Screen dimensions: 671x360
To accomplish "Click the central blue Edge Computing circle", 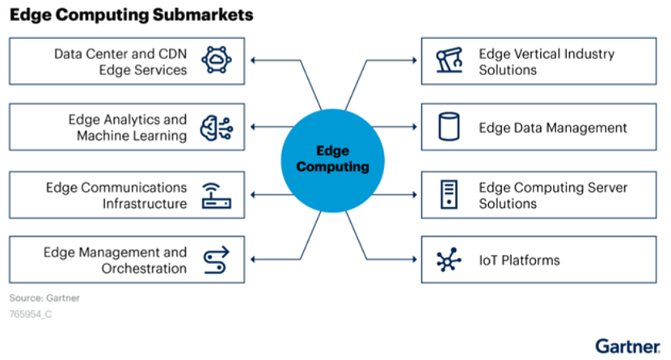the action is click(332, 160).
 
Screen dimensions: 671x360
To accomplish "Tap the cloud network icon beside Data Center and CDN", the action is click(217, 60).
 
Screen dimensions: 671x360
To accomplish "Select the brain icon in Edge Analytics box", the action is click(217, 128).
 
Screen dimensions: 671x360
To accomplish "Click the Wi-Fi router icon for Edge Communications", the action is click(217, 196).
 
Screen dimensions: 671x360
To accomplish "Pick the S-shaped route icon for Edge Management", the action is click(217, 260).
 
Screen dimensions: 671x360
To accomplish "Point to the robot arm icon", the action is click(449, 60).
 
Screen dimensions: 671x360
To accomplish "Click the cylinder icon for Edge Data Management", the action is click(449, 127).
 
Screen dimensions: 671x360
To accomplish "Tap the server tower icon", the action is click(449, 194).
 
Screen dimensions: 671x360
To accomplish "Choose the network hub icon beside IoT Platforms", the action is click(449, 260).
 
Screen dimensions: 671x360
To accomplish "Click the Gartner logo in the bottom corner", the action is click(627, 346).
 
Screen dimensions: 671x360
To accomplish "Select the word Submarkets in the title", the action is click(203, 15).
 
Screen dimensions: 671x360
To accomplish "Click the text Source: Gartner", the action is click(44, 298).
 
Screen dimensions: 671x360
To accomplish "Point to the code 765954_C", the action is click(31, 314).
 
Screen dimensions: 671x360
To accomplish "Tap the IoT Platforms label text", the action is click(519, 260).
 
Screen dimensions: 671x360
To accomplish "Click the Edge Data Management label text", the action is click(552, 128).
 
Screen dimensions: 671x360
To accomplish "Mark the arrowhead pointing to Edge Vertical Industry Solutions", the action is click(415, 61).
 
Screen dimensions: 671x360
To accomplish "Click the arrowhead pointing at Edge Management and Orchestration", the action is click(253, 259).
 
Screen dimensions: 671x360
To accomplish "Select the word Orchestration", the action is click(144, 269).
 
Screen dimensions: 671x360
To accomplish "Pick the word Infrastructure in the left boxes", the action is click(145, 203).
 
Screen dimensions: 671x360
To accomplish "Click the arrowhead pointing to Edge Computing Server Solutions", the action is click(415, 195).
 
